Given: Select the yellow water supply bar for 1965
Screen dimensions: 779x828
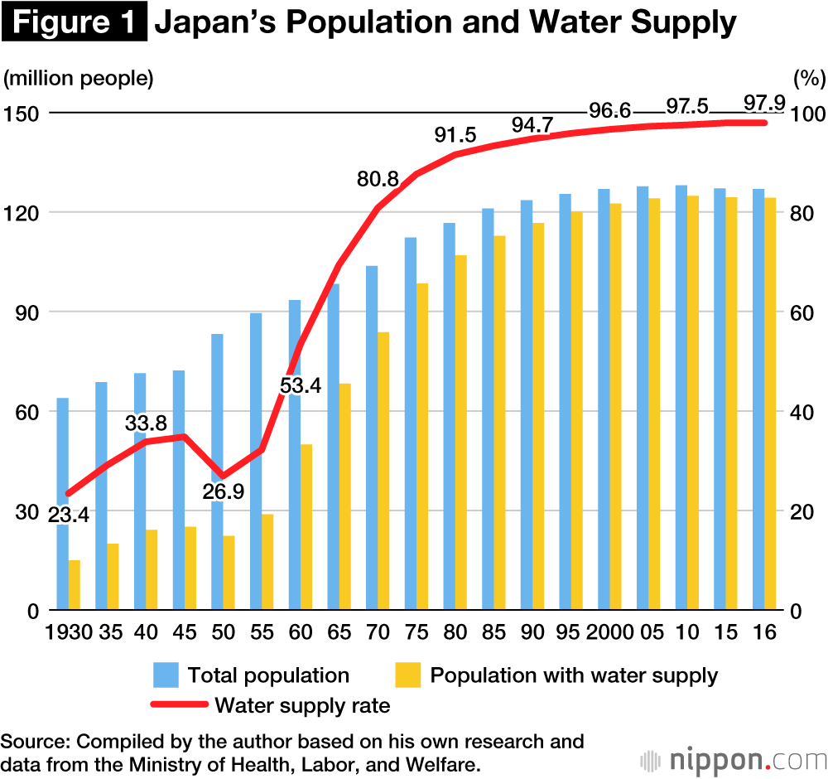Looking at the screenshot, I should [x=345, y=497].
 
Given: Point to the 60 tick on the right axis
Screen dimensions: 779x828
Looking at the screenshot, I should [x=807, y=312].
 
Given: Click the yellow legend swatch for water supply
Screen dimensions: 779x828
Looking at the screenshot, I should [x=409, y=675].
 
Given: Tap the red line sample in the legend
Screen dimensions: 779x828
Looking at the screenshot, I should [x=178, y=705].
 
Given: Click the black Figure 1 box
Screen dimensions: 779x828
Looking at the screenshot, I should [x=75, y=23].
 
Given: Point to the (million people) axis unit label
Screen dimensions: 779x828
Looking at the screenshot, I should [x=79, y=79].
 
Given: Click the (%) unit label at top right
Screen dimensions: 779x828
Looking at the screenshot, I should [x=809, y=79].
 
